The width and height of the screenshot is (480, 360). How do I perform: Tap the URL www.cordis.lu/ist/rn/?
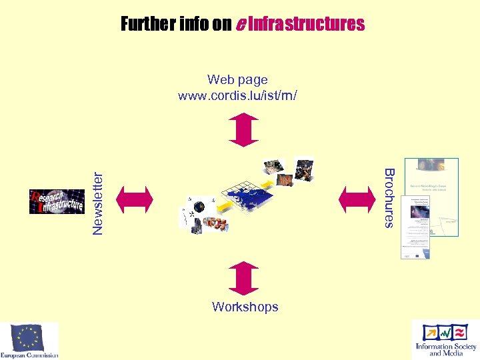[237, 95]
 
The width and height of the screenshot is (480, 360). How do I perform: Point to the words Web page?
[237, 81]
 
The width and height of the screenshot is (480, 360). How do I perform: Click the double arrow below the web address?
[243, 129]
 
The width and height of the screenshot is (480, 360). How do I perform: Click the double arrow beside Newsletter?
[135, 198]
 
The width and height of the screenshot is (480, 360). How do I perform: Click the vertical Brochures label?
[390, 198]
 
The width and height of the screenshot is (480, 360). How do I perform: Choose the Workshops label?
[245, 307]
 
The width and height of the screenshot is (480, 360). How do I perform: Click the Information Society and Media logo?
[445, 339]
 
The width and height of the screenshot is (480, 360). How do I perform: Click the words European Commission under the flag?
[29, 355]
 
